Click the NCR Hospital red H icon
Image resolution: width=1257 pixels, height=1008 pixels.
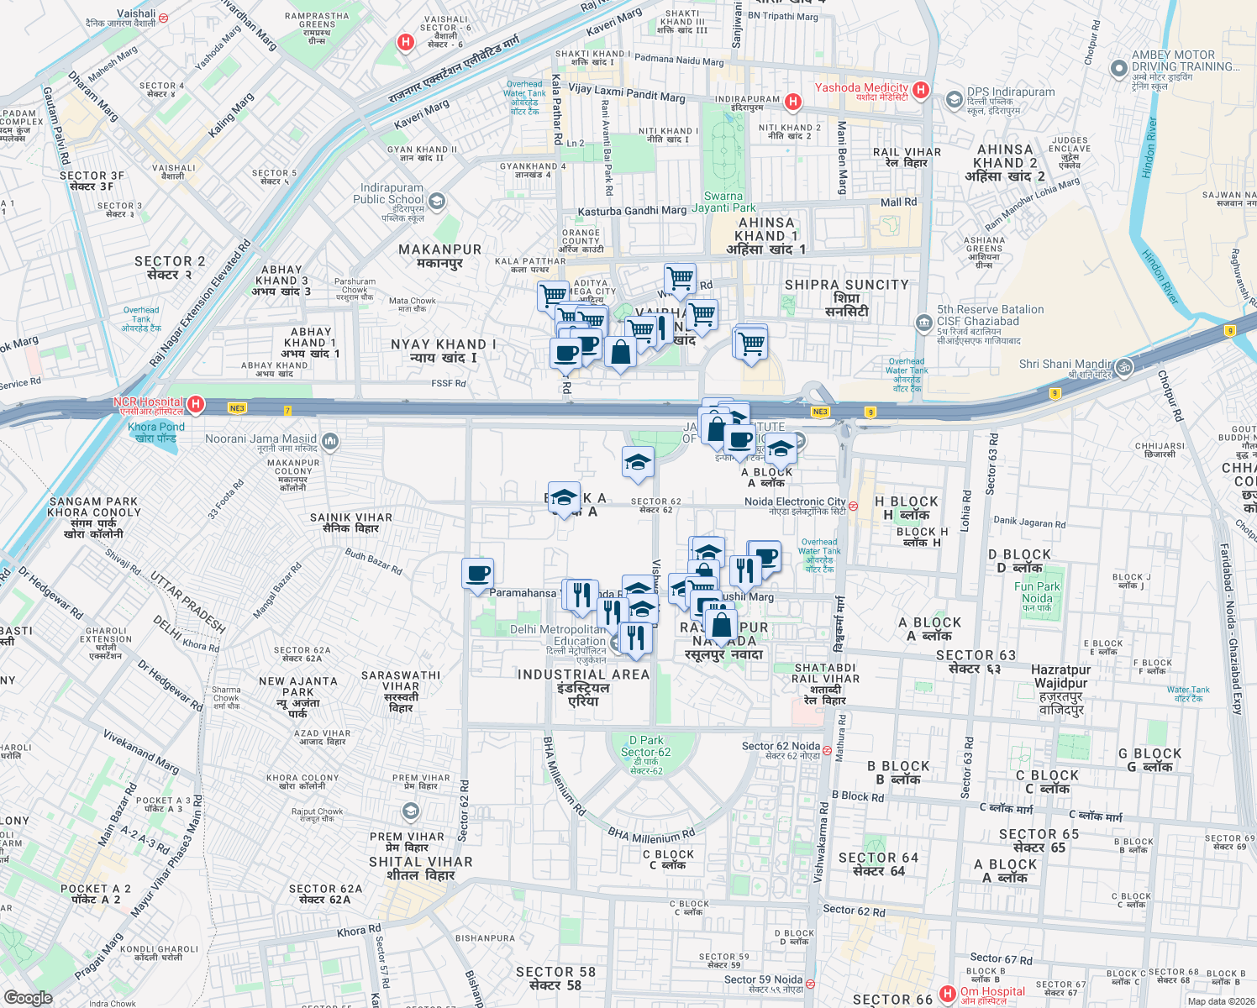[x=196, y=405]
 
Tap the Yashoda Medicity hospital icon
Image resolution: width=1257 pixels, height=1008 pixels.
[x=921, y=89]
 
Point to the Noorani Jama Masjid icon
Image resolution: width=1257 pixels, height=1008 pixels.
[x=330, y=440]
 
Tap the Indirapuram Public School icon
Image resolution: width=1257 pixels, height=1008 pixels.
[x=436, y=201]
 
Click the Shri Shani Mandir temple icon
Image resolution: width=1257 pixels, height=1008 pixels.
[x=1124, y=366]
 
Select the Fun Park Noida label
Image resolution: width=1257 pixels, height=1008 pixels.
[x=1037, y=593]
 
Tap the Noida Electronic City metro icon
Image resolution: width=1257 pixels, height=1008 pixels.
[x=853, y=506]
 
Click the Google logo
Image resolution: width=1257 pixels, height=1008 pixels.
[x=29, y=997]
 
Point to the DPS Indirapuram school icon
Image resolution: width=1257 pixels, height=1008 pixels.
[x=954, y=100]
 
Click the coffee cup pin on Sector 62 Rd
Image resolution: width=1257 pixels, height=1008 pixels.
[x=477, y=574]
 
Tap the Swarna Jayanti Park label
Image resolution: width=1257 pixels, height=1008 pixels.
[x=724, y=202]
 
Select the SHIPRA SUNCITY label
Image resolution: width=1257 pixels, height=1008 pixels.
[x=846, y=285]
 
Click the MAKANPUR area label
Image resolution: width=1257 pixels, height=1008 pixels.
[x=439, y=249]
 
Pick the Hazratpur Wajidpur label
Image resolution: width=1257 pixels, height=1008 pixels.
[x=1060, y=676]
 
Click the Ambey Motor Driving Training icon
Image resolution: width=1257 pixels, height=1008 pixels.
[x=1118, y=68]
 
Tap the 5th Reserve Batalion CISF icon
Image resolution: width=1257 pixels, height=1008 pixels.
[x=924, y=322]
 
